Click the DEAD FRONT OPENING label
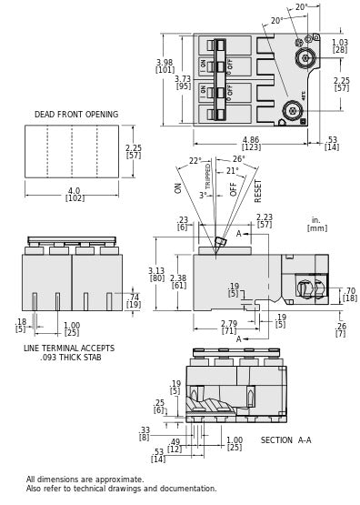click(x=76, y=115)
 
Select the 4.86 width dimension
click(x=251, y=140)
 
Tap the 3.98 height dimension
click(x=165, y=63)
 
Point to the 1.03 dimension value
click(x=340, y=43)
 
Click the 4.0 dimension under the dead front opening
click(x=75, y=191)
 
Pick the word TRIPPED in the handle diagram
click(x=208, y=176)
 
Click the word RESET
click(x=258, y=189)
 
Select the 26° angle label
click(x=238, y=159)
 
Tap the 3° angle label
click(x=203, y=195)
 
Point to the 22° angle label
click(x=195, y=161)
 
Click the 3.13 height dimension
click(x=156, y=271)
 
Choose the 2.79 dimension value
click(x=229, y=323)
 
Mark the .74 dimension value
click(x=134, y=298)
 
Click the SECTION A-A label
click(x=285, y=440)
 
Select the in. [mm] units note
click(x=316, y=223)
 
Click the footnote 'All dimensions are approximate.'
click(x=85, y=480)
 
